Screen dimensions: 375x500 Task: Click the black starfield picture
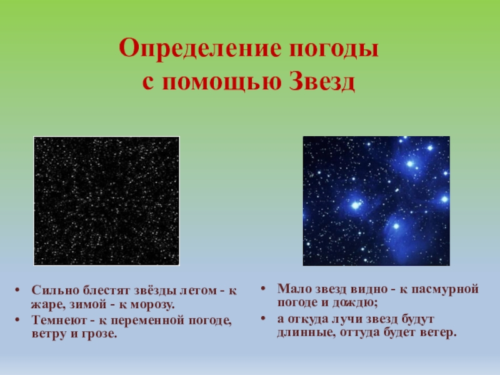106,200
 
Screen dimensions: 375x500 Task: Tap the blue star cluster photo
376,200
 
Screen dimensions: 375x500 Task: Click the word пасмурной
441,289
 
